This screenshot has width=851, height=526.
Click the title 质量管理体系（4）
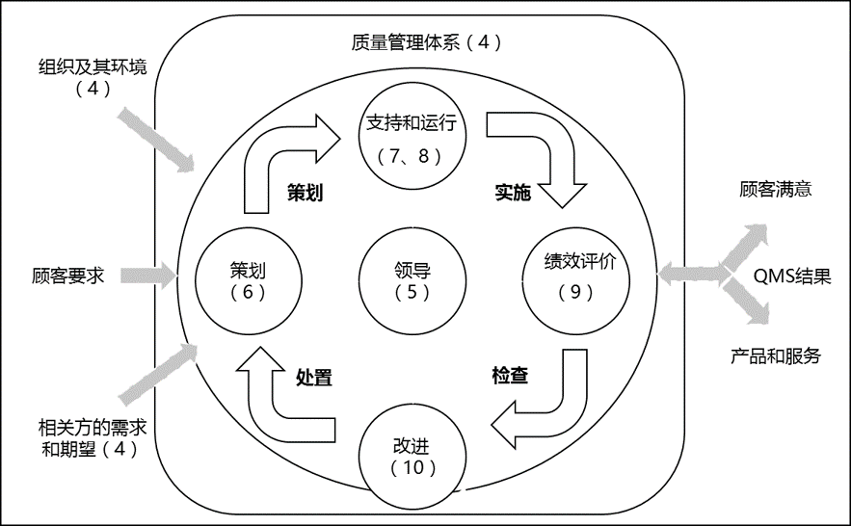(x=427, y=42)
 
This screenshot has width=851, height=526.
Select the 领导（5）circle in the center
(x=412, y=281)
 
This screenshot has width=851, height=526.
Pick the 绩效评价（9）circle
(x=575, y=281)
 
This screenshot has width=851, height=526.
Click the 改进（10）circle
(x=412, y=455)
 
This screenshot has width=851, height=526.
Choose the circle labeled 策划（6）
(x=248, y=281)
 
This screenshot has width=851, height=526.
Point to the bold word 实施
(x=513, y=193)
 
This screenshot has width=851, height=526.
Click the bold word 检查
(x=510, y=376)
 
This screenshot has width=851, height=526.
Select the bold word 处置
(x=313, y=378)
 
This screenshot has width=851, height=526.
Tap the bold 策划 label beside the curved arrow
(x=305, y=193)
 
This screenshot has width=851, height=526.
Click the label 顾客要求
(x=67, y=276)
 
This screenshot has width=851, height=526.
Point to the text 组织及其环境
(x=93, y=67)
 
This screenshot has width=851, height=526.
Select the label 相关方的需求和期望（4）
(x=93, y=438)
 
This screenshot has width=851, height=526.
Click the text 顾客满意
(x=776, y=189)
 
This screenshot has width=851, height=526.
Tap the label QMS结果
(x=792, y=276)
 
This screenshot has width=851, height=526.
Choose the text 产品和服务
(x=776, y=356)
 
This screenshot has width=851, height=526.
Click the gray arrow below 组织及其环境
(x=156, y=140)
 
